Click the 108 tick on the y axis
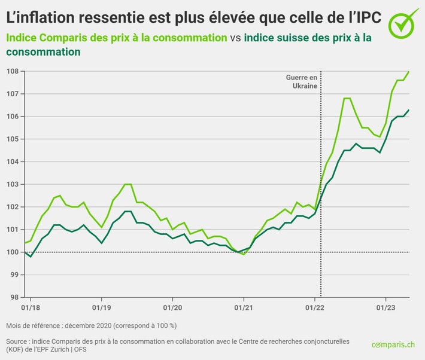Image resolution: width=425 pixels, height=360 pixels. [x=11, y=71]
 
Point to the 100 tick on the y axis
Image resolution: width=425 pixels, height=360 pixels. [x=11, y=252]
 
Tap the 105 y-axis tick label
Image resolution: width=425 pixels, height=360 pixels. [x=11, y=139]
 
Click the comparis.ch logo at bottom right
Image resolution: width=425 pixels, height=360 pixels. [x=393, y=344]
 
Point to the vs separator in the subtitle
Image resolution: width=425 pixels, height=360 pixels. [x=236, y=38]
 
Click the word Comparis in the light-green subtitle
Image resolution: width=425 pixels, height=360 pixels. [x=63, y=38]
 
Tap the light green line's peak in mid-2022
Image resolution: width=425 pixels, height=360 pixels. [x=347, y=98]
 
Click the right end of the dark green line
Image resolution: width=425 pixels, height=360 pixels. [x=409, y=110]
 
